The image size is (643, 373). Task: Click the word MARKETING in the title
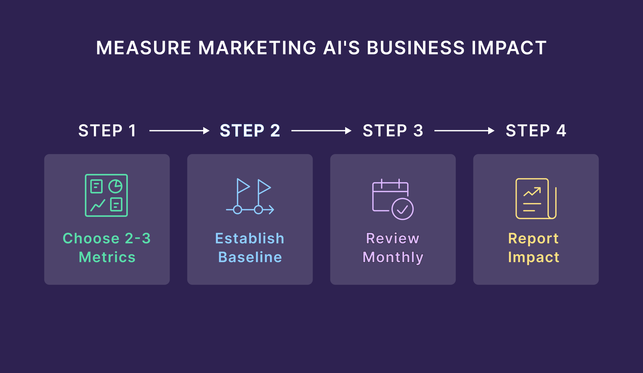[x=257, y=48]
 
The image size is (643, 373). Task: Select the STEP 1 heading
[x=107, y=131]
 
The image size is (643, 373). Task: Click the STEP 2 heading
[x=250, y=131]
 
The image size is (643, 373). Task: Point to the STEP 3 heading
[x=393, y=131]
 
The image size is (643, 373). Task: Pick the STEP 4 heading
[x=536, y=131]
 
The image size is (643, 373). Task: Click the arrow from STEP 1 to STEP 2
[x=179, y=131]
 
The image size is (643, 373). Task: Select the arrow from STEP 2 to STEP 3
[x=321, y=131]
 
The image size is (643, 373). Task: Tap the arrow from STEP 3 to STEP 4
[x=464, y=131]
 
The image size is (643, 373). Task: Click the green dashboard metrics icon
[x=106, y=195]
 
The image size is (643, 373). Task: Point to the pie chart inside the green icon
[x=115, y=186]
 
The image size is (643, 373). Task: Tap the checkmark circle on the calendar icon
[x=403, y=209]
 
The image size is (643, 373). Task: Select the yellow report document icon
[x=535, y=199]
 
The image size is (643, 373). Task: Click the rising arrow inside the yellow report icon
[x=532, y=192]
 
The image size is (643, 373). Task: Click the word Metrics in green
[x=107, y=257]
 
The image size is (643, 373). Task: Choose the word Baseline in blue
[x=250, y=257]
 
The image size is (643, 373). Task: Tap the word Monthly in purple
[x=393, y=257]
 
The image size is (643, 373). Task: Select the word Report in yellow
[x=533, y=238]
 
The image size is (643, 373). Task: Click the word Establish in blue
[x=250, y=238]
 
